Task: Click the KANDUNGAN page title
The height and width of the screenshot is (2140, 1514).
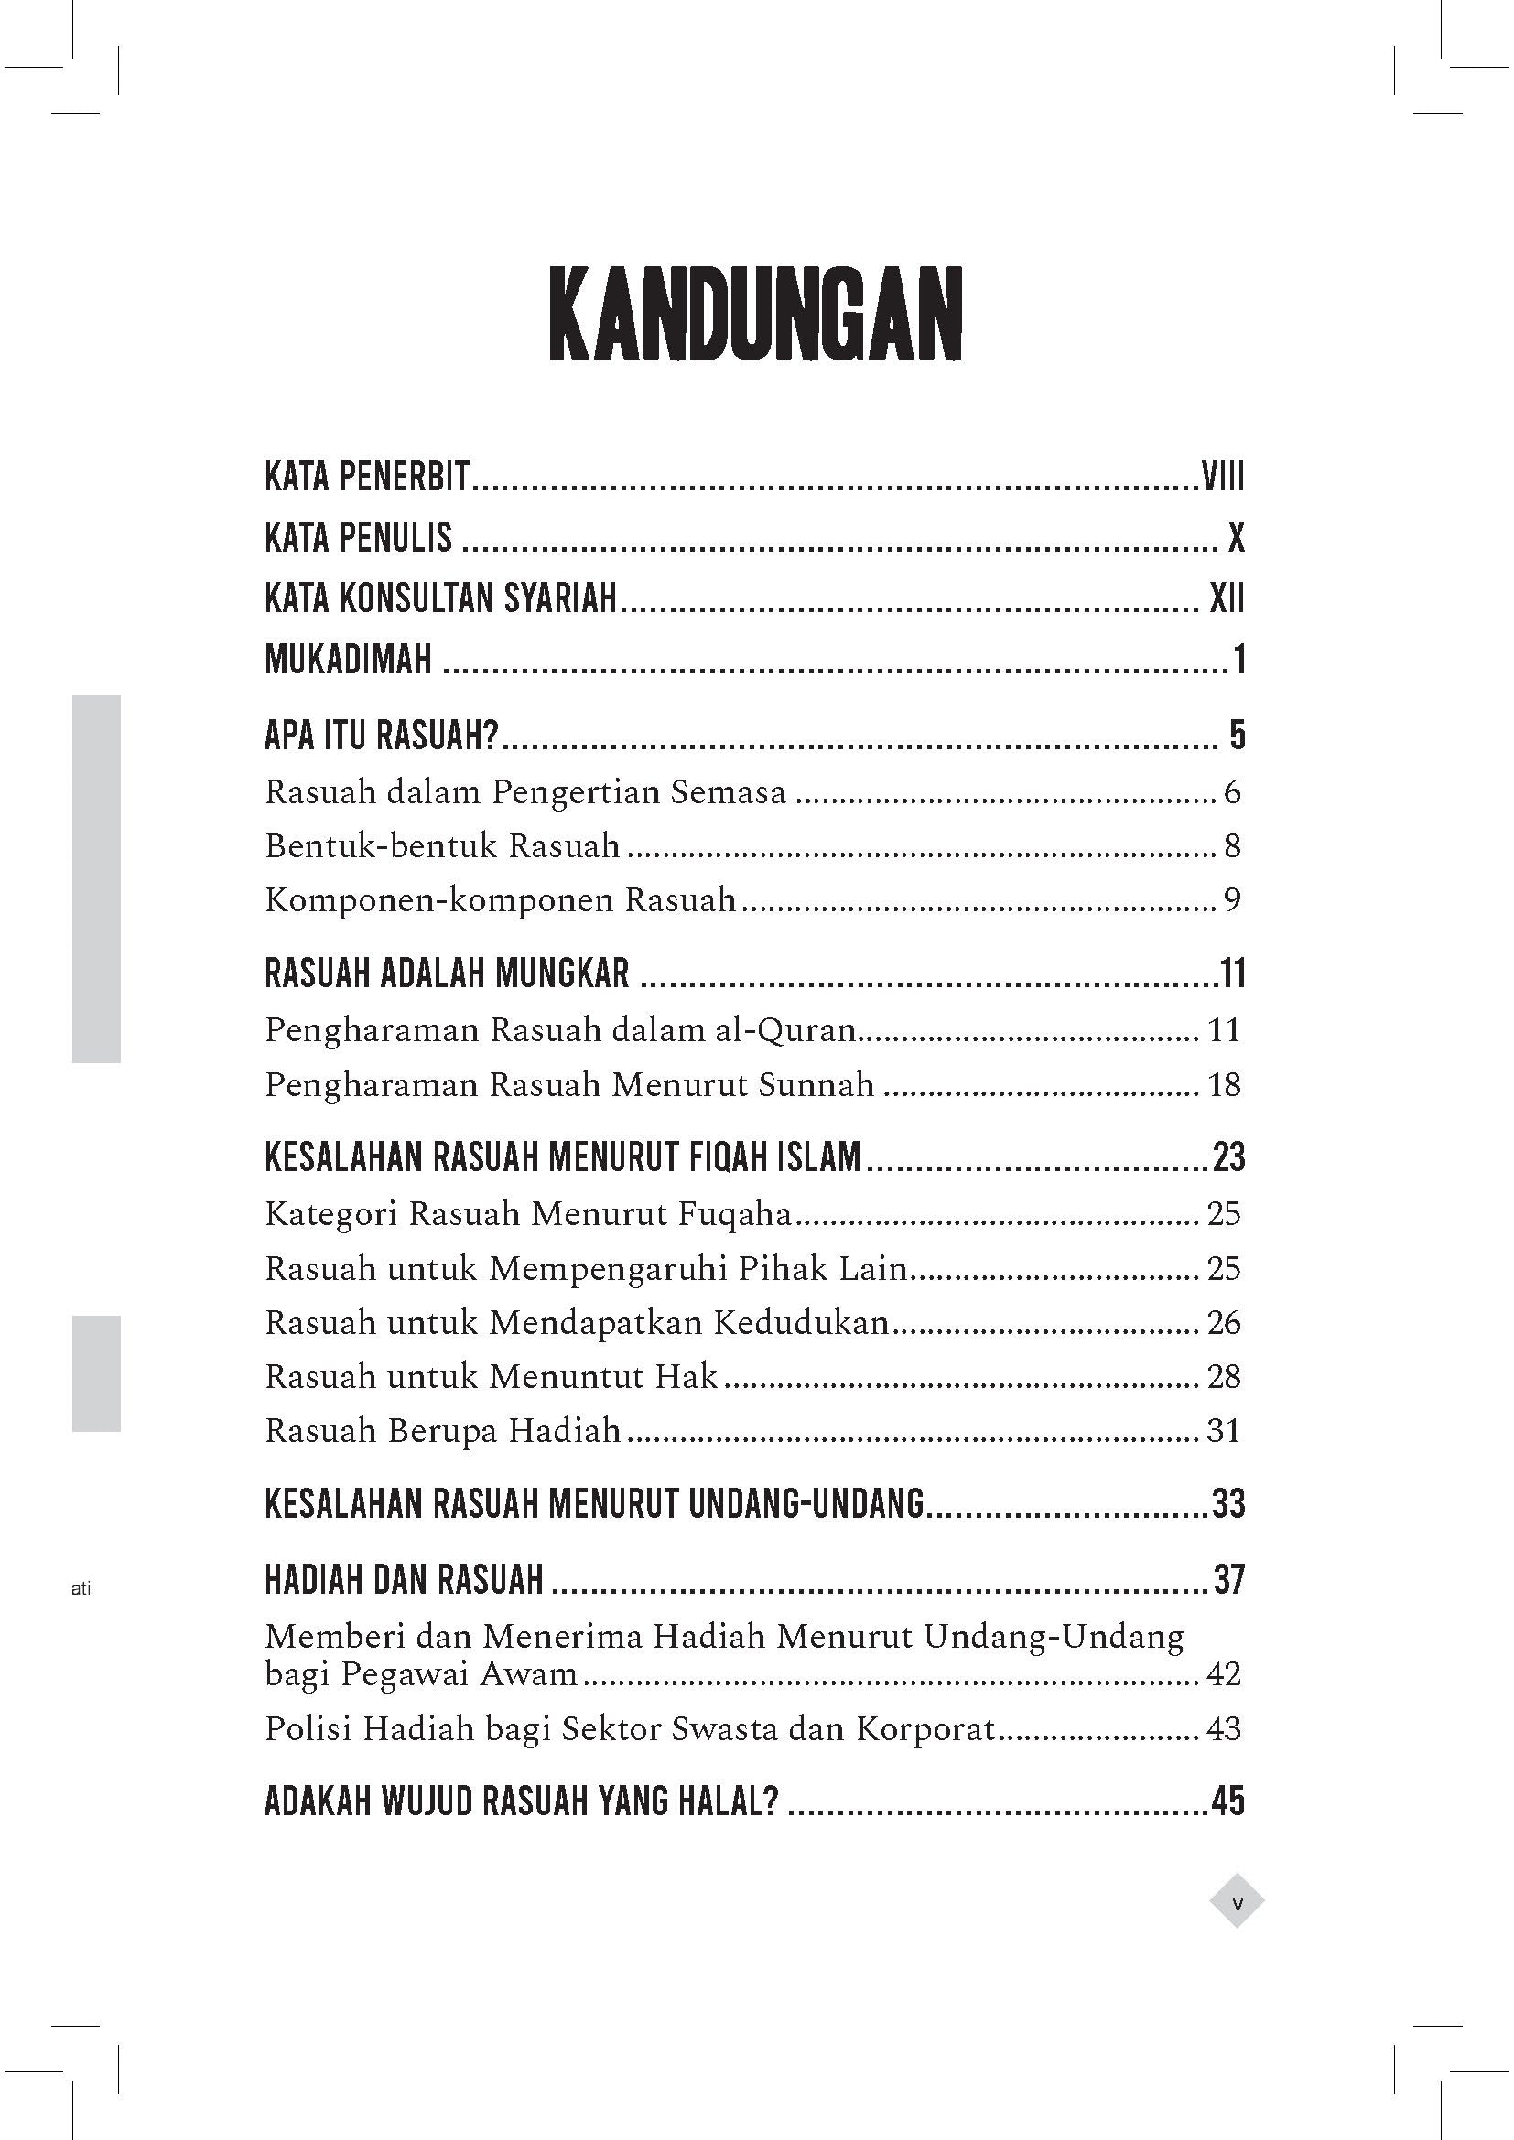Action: point(755,316)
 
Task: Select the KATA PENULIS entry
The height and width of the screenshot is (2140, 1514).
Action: point(358,538)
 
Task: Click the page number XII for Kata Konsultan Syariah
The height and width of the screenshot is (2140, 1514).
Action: point(1227,598)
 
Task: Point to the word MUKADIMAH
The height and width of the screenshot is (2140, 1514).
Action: point(349,660)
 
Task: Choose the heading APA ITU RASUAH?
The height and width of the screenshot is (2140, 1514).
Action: point(383,736)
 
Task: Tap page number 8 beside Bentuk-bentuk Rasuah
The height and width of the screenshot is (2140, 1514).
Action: point(1232,846)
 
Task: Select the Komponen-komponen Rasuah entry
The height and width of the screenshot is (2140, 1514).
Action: point(500,900)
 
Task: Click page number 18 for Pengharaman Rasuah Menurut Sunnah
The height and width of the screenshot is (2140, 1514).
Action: point(1224,1085)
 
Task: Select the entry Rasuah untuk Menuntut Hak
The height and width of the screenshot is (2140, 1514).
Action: point(492,1377)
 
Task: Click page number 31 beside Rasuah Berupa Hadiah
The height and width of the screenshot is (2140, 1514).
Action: point(1224,1431)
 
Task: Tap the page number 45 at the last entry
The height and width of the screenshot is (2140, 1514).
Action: point(1227,1801)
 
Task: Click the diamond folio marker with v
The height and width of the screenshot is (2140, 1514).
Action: point(1238,1900)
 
